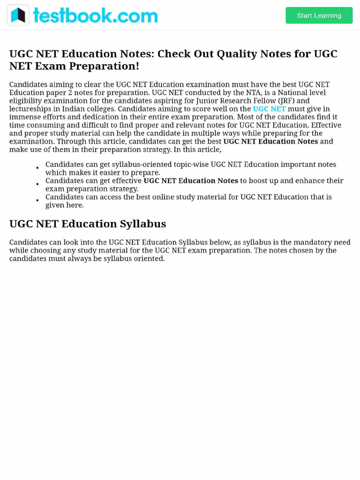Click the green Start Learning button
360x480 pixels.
(x=319, y=15)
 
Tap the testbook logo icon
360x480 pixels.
(x=18, y=15)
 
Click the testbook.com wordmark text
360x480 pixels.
(x=95, y=15)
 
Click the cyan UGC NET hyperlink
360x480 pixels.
(x=269, y=109)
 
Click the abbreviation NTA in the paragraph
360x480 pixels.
(x=254, y=93)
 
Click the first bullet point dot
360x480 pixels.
(x=37, y=168)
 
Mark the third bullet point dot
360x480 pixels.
(x=37, y=201)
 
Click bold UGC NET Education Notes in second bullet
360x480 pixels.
(x=190, y=180)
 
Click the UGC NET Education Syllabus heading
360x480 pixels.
(x=88, y=224)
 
